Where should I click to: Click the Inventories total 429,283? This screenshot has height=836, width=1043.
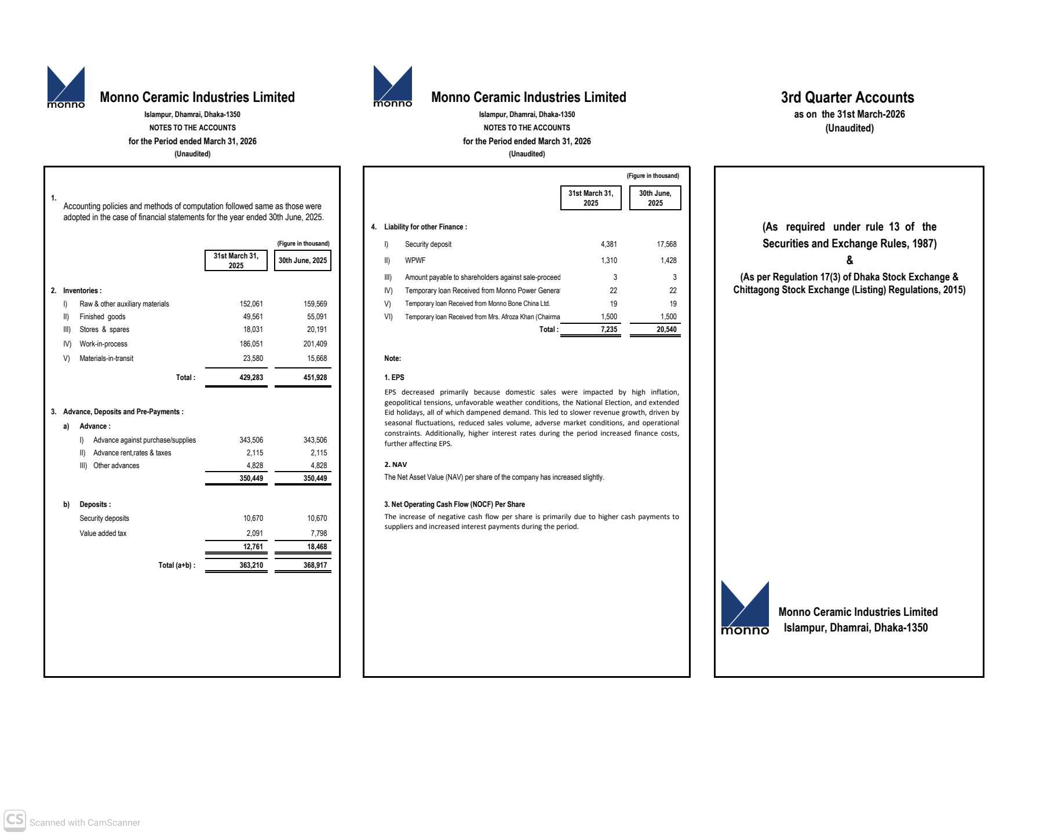coord(251,377)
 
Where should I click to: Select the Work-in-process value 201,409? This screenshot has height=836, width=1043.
coord(315,344)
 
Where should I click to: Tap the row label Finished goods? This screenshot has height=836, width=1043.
coord(102,316)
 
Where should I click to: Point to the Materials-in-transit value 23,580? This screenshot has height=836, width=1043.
coord(253,358)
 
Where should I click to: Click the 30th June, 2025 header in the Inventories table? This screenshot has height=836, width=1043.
coord(302,260)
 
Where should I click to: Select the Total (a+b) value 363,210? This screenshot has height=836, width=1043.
coord(251,565)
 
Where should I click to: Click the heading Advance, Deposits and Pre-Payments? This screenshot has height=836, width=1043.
coord(123,411)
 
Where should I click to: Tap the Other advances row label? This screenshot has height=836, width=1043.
coord(116,465)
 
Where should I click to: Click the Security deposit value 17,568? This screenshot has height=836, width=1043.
coord(666,244)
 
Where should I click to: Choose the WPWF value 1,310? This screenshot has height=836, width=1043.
coord(608,260)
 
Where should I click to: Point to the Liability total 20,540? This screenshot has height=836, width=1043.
coord(666,329)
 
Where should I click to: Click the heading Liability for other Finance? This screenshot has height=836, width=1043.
coord(425,227)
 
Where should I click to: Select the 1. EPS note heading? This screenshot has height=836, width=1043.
coord(394,377)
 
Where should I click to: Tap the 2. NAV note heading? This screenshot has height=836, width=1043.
coord(395,464)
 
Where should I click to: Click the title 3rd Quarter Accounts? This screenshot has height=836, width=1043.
coord(847,97)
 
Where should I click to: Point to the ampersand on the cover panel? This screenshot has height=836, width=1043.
coord(849,260)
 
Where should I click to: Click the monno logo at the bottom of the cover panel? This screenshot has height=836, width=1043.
coord(745,608)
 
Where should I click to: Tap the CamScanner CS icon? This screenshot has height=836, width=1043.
coord(14,820)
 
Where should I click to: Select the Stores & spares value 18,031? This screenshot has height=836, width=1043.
coord(253,329)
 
